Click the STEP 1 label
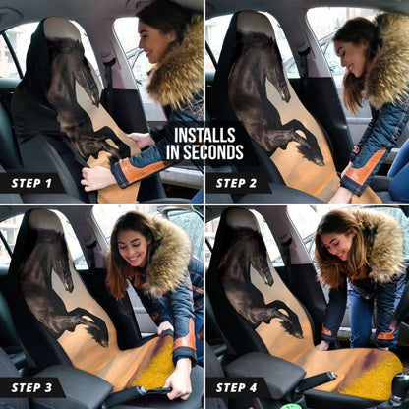[x=31, y=183]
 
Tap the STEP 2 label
[x=238, y=183]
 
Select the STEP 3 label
[x=31, y=387]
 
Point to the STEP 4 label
[x=238, y=387]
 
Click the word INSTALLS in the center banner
[x=204, y=135]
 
